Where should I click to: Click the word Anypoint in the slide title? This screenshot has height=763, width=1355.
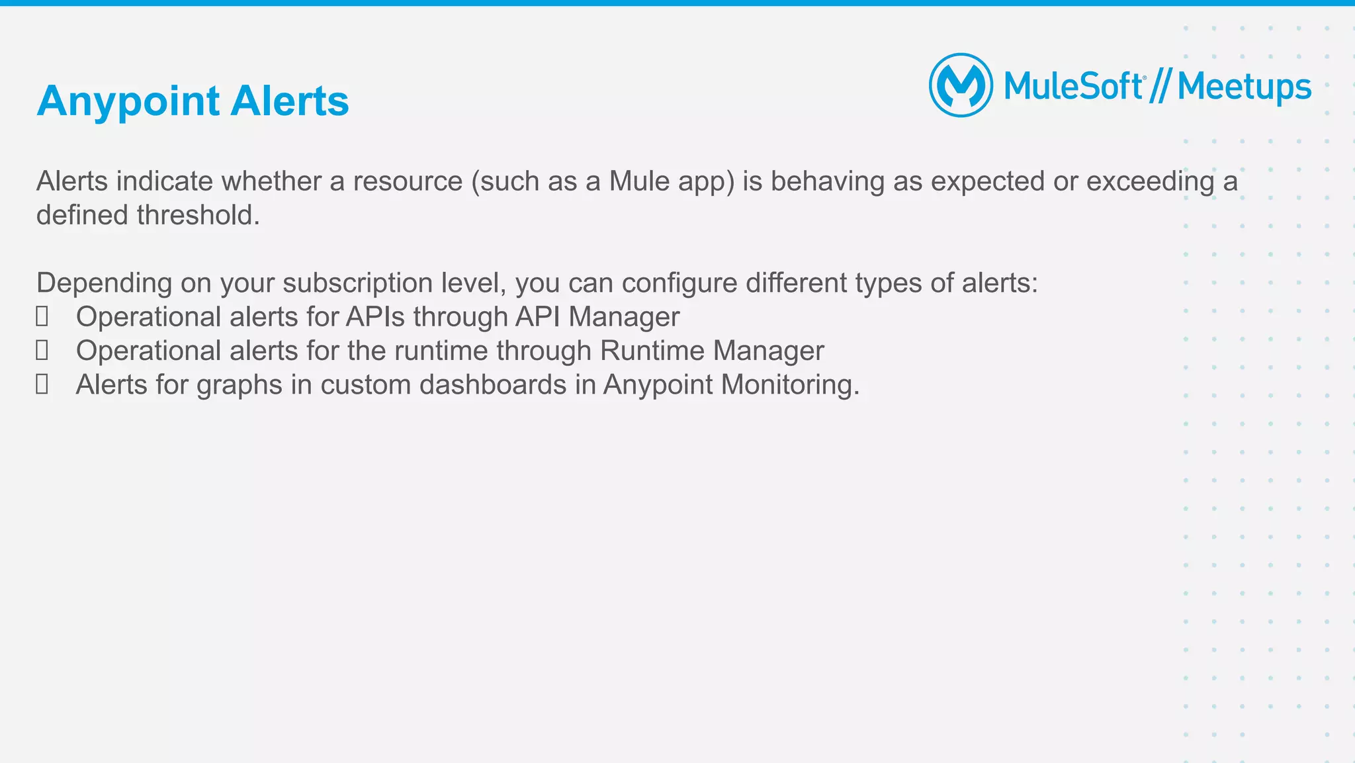128,101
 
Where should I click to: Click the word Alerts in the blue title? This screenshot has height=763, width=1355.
290,101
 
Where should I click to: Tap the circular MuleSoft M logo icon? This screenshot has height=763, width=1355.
961,85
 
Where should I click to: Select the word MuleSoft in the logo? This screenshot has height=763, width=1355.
1073,87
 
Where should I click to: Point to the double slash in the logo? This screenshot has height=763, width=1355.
1160,87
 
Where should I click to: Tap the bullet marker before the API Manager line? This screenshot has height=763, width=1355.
42,317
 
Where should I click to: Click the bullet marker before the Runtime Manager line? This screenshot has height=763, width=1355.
42,351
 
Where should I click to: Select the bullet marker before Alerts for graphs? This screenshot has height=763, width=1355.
42,384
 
